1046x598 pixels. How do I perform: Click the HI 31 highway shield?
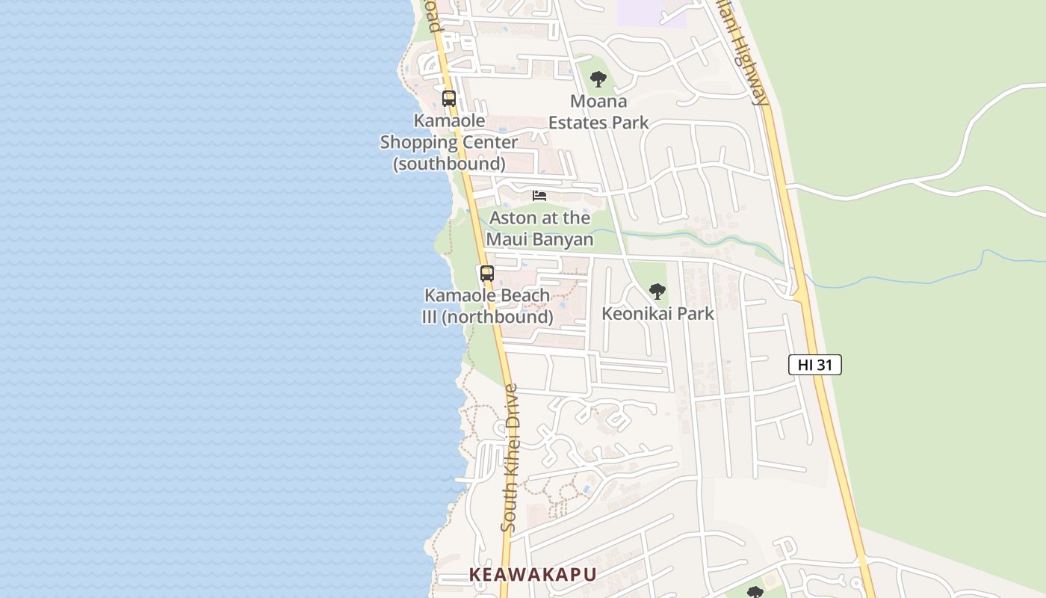pos(814,365)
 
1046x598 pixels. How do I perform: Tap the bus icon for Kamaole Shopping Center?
pos(448,98)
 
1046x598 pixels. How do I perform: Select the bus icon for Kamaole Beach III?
pos(487,273)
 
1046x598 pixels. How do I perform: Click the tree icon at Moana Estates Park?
pos(598,78)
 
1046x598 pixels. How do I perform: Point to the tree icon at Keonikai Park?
pos(657,291)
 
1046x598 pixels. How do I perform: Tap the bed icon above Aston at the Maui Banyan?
pos(539,196)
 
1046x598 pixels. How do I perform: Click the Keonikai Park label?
pos(657,313)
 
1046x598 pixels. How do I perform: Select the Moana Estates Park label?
pos(598,111)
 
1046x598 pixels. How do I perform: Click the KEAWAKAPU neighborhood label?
pos(532,574)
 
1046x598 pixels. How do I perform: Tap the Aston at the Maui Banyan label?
pos(539,229)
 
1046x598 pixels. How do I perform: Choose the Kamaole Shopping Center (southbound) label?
pos(449,142)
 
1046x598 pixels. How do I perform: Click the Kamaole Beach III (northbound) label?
pos(487,306)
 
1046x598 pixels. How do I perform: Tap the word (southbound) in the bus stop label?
pos(449,163)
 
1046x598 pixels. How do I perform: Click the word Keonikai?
pos(634,313)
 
